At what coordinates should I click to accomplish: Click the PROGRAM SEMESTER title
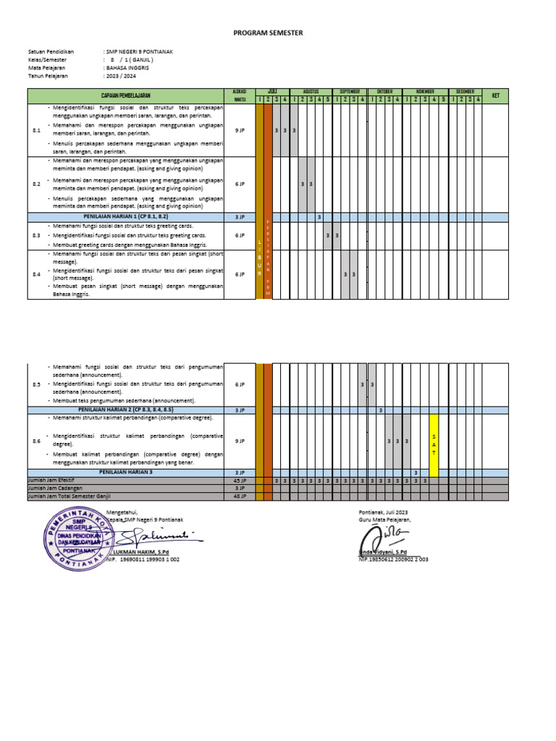tap(268, 33)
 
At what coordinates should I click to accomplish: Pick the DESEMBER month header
tap(466, 92)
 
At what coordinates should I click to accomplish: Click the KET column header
tap(495, 96)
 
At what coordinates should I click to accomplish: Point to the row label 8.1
tap(37, 130)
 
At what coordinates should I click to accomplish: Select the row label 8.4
tap(37, 274)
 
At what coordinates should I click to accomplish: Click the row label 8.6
tap(37, 441)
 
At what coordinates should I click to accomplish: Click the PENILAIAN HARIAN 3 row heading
tap(126, 472)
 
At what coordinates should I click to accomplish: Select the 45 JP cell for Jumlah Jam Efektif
tap(240, 480)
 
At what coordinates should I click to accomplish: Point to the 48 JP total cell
tap(240, 496)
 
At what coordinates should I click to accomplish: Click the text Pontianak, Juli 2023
tap(384, 512)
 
